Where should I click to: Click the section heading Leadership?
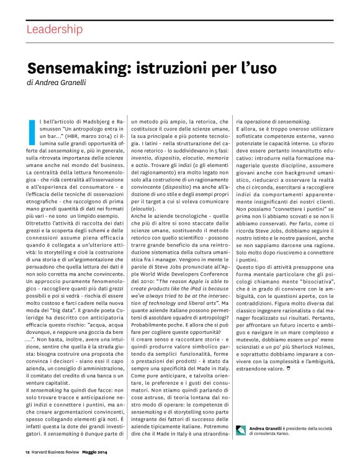click(54, 29)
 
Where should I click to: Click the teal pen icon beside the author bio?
click(241, 428)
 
